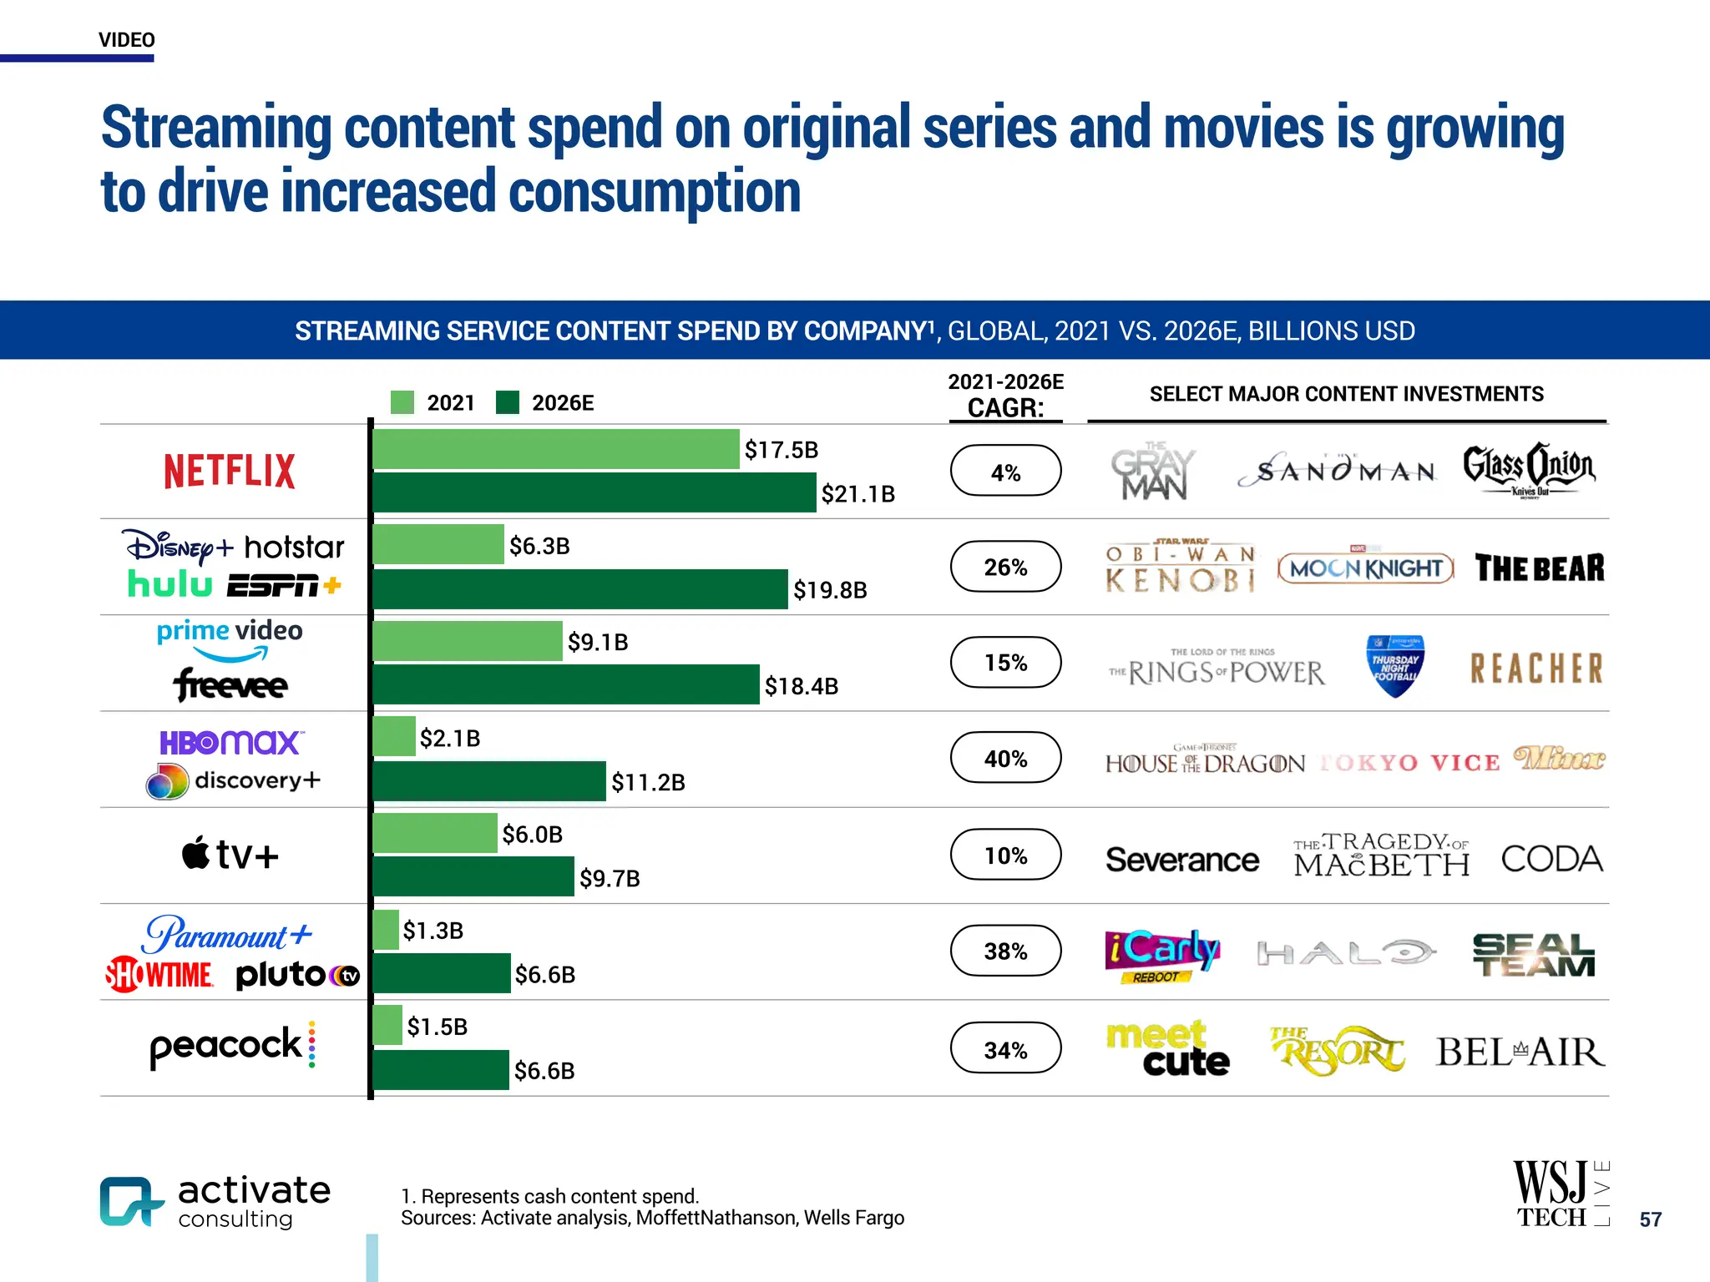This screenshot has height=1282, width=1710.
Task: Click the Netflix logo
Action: pyautogui.click(x=230, y=472)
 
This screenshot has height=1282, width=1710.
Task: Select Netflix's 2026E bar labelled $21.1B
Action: pyautogui.click(x=594, y=492)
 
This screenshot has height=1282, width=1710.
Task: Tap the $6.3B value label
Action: pyautogui.click(x=539, y=546)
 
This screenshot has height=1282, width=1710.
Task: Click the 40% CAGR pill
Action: pyautogui.click(x=1005, y=758)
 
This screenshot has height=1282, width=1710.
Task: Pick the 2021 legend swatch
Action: pyautogui.click(x=402, y=402)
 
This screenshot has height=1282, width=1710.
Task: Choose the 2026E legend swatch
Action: pyautogui.click(x=508, y=402)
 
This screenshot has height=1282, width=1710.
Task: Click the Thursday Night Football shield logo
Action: pyautogui.click(x=1394, y=666)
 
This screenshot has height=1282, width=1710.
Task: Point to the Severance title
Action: pyautogui.click(x=1181, y=860)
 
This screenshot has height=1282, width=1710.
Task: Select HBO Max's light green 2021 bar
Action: pyautogui.click(x=394, y=736)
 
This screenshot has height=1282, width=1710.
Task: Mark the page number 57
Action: pyautogui.click(x=1650, y=1219)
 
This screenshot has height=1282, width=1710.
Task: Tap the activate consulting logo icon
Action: pyautogui.click(x=130, y=1202)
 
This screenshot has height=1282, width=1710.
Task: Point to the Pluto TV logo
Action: pyautogui.click(x=297, y=975)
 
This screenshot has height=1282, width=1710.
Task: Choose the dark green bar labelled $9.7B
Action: pyautogui.click(x=473, y=876)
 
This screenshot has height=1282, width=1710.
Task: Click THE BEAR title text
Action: pyautogui.click(x=1539, y=568)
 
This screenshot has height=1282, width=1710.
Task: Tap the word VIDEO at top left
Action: pyautogui.click(x=127, y=40)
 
